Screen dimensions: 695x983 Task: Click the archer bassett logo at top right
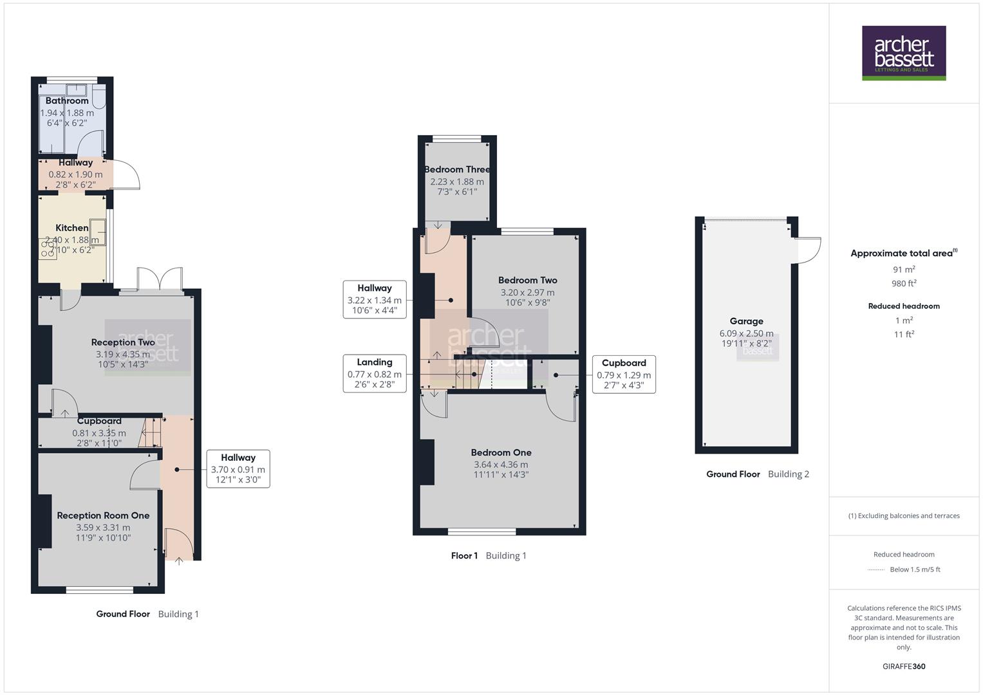click(x=903, y=53)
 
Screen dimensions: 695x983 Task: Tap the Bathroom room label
click(x=67, y=100)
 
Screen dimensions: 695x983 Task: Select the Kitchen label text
click(x=72, y=228)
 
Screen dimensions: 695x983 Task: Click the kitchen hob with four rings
click(x=48, y=249)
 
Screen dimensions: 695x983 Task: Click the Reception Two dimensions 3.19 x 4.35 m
click(x=122, y=354)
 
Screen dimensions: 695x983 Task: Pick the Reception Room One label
click(x=103, y=515)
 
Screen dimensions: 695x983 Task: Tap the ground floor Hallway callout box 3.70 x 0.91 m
click(x=238, y=469)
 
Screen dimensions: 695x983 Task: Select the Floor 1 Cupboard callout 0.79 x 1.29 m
click(x=623, y=375)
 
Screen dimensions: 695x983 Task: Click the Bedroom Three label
click(x=457, y=169)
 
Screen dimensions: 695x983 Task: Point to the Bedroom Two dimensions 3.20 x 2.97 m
click(x=527, y=292)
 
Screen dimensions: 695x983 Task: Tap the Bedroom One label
click(x=501, y=452)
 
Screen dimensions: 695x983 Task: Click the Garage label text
click(x=746, y=321)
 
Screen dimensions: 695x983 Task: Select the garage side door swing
click(x=808, y=250)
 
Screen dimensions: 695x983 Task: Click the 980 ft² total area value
click(x=904, y=284)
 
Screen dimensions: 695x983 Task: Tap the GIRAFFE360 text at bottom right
click(x=904, y=667)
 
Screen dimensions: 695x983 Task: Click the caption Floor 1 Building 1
click(x=489, y=556)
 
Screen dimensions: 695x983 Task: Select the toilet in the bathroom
click(x=98, y=96)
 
